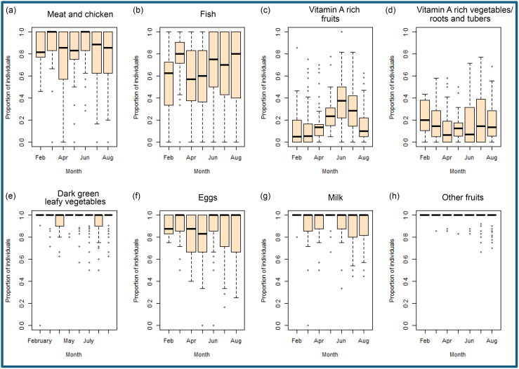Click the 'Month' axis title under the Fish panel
tap(201, 168)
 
